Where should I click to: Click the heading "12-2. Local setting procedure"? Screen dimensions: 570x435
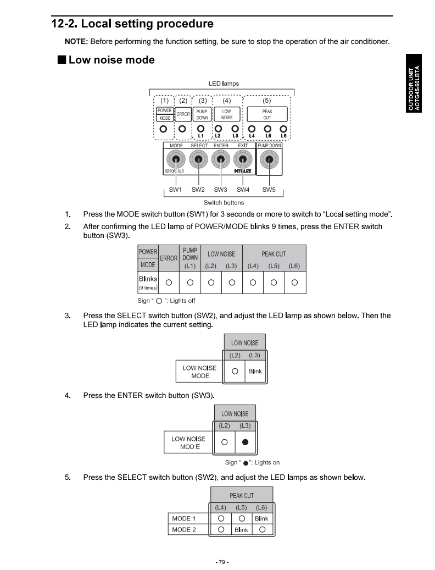[x=132, y=24]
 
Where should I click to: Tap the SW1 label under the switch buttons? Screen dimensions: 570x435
[x=175, y=190]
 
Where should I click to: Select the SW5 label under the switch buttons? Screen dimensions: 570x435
[x=269, y=190]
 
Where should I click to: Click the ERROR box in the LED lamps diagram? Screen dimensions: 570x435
[x=183, y=114]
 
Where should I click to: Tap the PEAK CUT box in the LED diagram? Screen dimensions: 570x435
[x=267, y=114]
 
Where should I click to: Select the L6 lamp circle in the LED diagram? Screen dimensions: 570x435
[x=283, y=130]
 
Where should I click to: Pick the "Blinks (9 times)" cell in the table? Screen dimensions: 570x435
[x=148, y=283]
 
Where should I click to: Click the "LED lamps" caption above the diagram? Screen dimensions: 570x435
[x=224, y=84]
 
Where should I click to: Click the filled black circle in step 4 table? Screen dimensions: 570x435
[x=246, y=442]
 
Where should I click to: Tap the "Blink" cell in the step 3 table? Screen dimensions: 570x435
[x=255, y=371]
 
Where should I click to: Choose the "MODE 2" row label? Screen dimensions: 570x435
[x=184, y=530]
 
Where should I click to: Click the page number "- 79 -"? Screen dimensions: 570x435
[x=222, y=562]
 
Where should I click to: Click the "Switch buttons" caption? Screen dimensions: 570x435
[x=224, y=203]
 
